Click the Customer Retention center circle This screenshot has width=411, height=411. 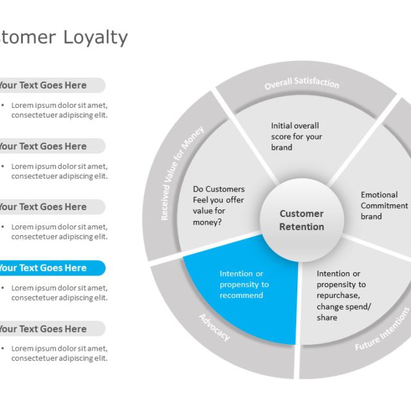[x=302, y=220]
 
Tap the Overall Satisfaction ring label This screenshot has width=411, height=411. [x=302, y=83]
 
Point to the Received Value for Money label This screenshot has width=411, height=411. [x=182, y=173]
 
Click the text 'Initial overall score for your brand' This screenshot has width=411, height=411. [x=297, y=136]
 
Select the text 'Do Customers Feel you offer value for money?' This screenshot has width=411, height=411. [x=219, y=205]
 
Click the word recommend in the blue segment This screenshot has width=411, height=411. [x=241, y=295]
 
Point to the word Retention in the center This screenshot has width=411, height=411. [x=302, y=227]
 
